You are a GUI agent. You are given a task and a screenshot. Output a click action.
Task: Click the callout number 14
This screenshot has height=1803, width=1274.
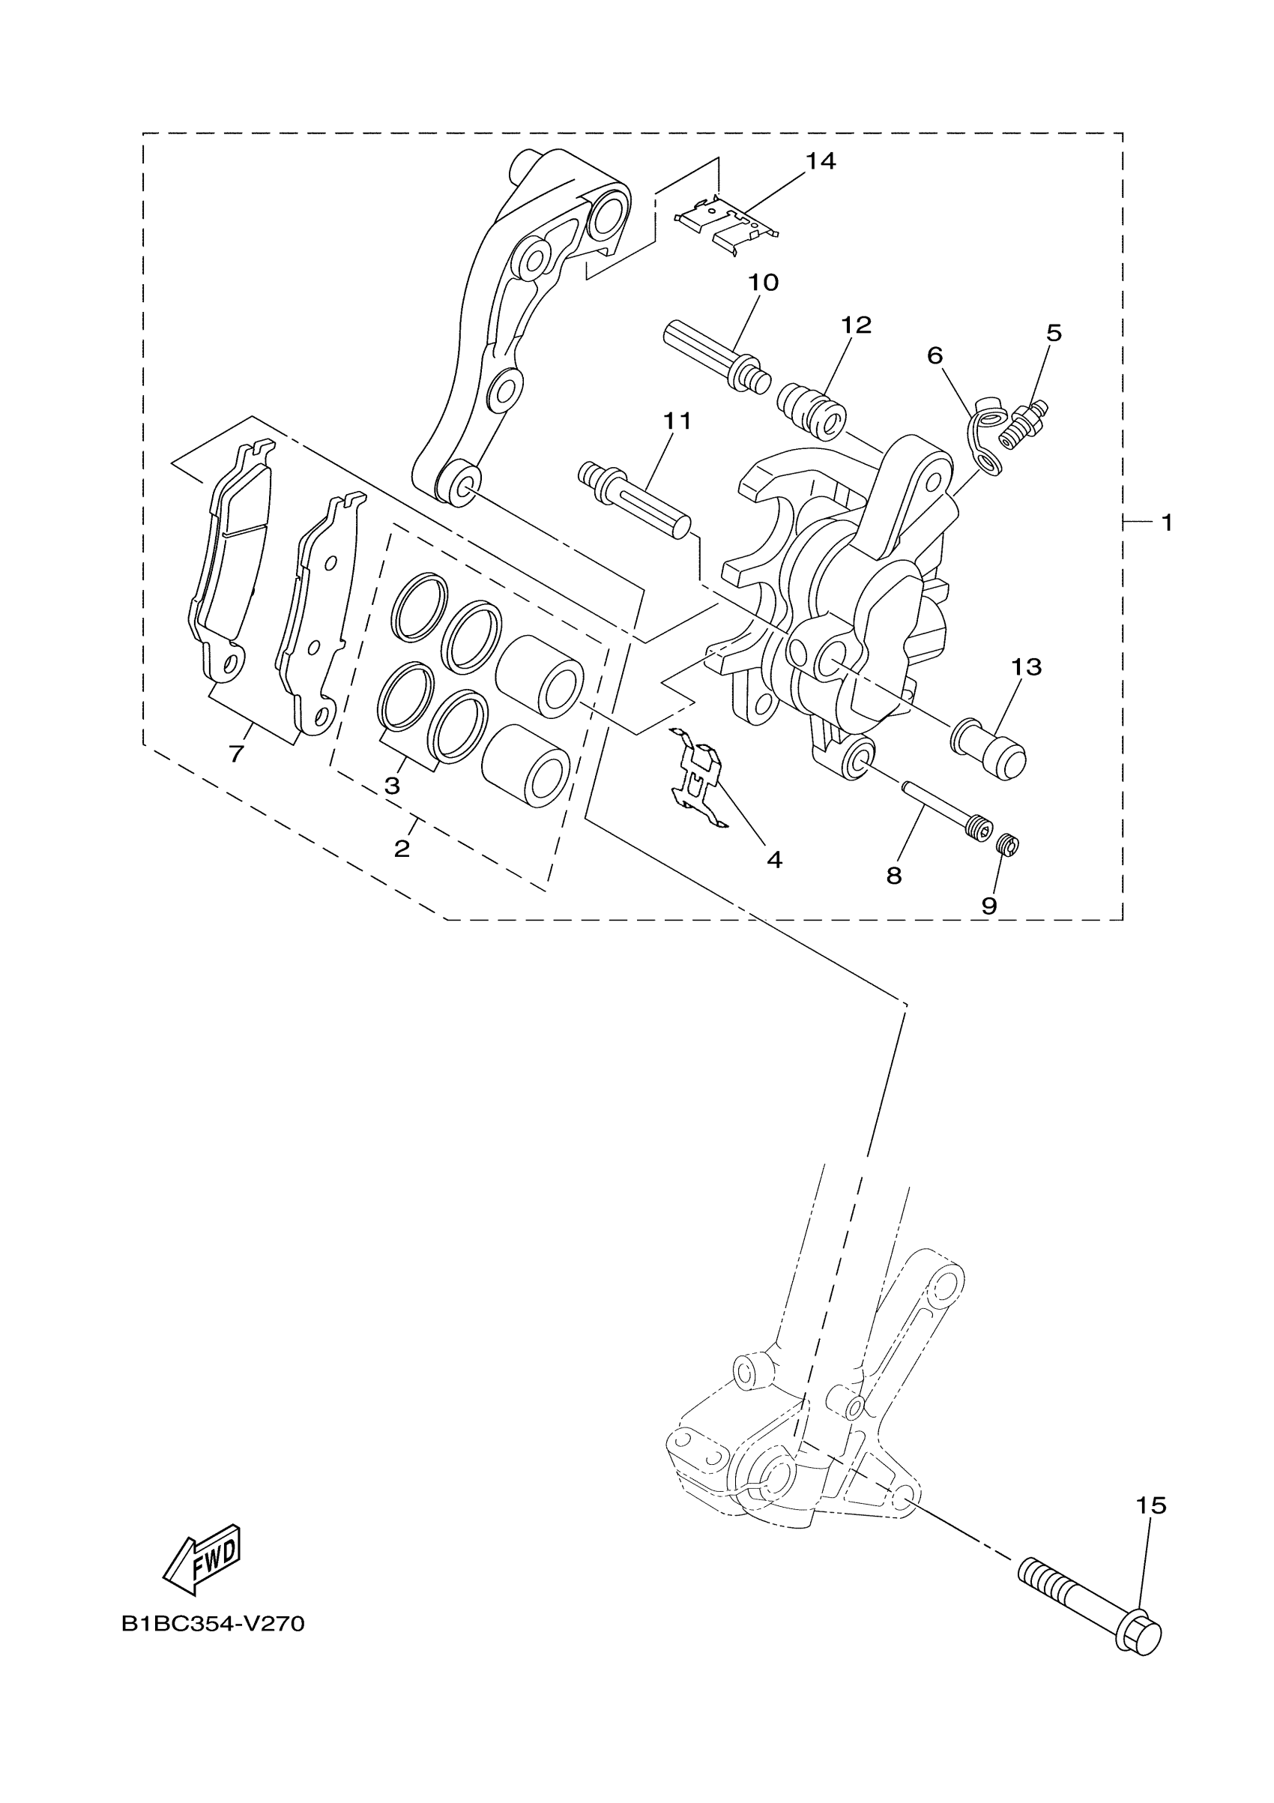pos(821,161)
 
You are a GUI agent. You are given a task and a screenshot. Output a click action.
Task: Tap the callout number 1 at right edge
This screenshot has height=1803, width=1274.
pos(1167,523)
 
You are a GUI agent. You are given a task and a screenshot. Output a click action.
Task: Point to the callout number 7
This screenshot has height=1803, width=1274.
pos(236,754)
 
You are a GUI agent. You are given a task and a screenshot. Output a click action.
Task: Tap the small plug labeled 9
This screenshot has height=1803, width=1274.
pos(1007,846)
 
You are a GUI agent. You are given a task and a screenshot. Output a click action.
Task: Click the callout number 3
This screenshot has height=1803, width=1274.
pos(393,785)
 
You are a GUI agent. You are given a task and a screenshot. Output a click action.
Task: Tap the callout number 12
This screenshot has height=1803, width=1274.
pos(857,325)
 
